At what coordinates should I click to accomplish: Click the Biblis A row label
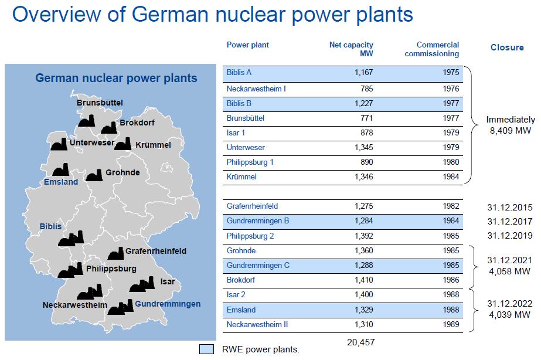pyautogui.click(x=239, y=73)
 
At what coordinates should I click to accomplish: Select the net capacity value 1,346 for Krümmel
pyautogui.click(x=363, y=176)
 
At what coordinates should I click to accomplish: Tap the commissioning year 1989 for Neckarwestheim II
pyautogui.click(x=451, y=324)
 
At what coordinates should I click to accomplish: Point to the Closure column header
pyautogui.click(x=507, y=47)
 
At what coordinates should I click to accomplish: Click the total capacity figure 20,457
pyautogui.click(x=360, y=342)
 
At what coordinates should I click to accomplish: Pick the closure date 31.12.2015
pyautogui.click(x=509, y=207)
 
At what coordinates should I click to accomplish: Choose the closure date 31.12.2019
pyautogui.click(x=509, y=235)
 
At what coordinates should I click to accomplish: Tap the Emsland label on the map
pyautogui.click(x=61, y=182)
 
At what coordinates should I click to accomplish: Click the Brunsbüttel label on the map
pyautogui.click(x=100, y=103)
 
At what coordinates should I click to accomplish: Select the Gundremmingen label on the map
pyautogui.click(x=168, y=304)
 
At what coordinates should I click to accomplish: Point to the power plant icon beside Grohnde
pyautogui.click(x=94, y=175)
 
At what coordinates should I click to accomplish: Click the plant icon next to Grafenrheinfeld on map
pyautogui.click(x=115, y=253)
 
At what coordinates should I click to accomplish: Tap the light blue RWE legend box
pyautogui.click(x=206, y=349)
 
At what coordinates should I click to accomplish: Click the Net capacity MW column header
pyautogui.click(x=351, y=49)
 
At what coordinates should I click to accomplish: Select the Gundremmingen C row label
pyautogui.click(x=258, y=266)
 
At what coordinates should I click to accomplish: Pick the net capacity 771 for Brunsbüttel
pyautogui.click(x=366, y=118)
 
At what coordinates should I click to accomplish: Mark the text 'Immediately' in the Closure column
pyautogui.click(x=511, y=120)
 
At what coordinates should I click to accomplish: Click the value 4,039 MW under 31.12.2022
pyautogui.click(x=509, y=314)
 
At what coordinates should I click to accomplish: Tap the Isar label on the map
pyautogui.click(x=167, y=281)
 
